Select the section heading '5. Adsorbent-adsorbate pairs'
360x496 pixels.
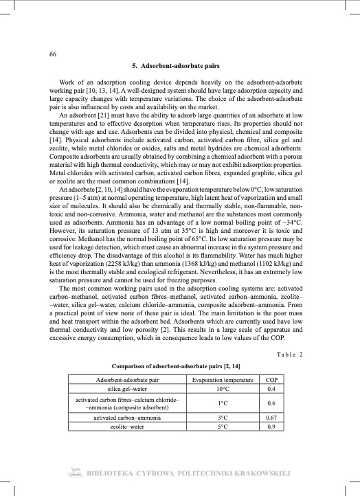[180, 67]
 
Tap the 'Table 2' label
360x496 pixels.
[289, 354]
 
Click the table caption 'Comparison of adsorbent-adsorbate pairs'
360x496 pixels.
[176, 368]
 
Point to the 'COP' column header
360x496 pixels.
[271, 379]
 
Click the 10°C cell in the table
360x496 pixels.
[222, 388]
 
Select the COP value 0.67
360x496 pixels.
[271, 417]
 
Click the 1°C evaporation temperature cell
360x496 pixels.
[222, 403]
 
